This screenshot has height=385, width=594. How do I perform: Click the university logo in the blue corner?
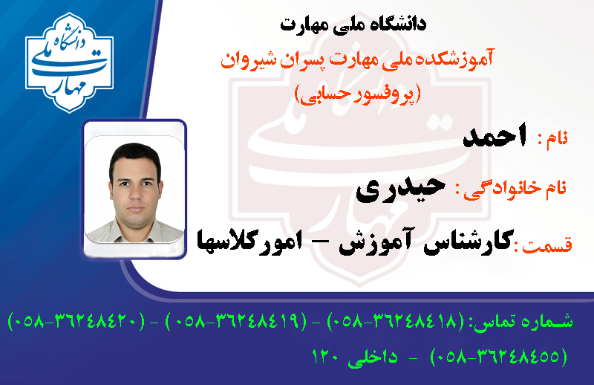click(x=69, y=62)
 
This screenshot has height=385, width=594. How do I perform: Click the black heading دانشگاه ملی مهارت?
click(x=353, y=25)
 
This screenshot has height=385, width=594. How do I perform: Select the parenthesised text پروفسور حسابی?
click(x=358, y=94)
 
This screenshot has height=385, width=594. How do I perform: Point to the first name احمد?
click(x=495, y=136)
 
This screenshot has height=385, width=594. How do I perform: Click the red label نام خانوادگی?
click(x=515, y=190)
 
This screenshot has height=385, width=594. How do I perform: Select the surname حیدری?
click(x=400, y=189)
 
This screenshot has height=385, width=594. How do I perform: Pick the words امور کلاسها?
click(x=249, y=242)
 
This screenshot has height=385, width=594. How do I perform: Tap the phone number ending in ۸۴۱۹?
click(x=236, y=322)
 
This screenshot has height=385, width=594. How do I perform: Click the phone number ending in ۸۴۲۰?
click(x=76, y=322)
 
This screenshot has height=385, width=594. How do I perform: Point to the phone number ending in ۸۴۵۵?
click(x=499, y=357)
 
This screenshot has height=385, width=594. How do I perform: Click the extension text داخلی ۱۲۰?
click(x=354, y=357)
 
